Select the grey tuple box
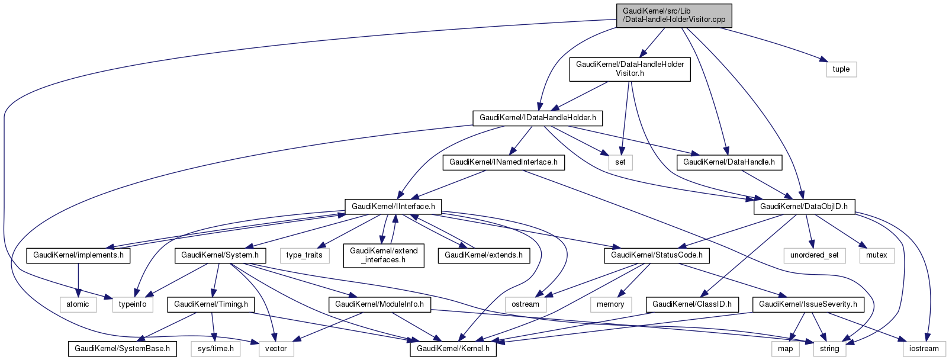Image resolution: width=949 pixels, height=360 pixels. pyautogui.click(x=841, y=69)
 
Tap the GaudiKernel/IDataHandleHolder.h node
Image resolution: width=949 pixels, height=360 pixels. pyautogui.click(x=538, y=118)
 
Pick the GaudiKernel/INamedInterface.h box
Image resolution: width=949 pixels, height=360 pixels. pyautogui.click(x=503, y=162)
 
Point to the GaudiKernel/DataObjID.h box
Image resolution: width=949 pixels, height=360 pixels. pyautogui.click(x=803, y=207)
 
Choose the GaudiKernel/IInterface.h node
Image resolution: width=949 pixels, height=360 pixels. pyautogui.click(x=393, y=207)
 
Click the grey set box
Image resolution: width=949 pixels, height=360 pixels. pyautogui.click(x=620, y=162)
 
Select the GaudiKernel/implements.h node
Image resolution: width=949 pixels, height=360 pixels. pyautogui.click(x=79, y=255)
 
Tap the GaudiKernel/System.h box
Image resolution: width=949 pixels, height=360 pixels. pyautogui.click(x=220, y=255)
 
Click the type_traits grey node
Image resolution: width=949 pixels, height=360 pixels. pyautogui.click(x=304, y=255)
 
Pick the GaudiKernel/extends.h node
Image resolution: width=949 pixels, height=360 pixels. pyautogui.click(x=484, y=255)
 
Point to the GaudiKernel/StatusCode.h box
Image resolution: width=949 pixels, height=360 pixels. pyautogui.click(x=657, y=255)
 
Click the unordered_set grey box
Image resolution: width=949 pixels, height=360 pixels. pyautogui.click(x=814, y=255)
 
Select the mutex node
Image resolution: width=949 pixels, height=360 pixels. pyautogui.click(x=877, y=255)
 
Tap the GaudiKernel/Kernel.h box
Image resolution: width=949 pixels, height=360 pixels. pyautogui.click(x=453, y=349)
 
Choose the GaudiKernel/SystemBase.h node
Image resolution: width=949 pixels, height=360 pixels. pyautogui.click(x=123, y=349)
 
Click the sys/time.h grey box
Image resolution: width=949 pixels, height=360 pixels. pyautogui.click(x=215, y=349)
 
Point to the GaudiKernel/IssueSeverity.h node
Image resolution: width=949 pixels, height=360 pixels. pyautogui.click(x=808, y=304)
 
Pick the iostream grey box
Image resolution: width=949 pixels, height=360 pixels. pyautogui.click(x=924, y=349)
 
